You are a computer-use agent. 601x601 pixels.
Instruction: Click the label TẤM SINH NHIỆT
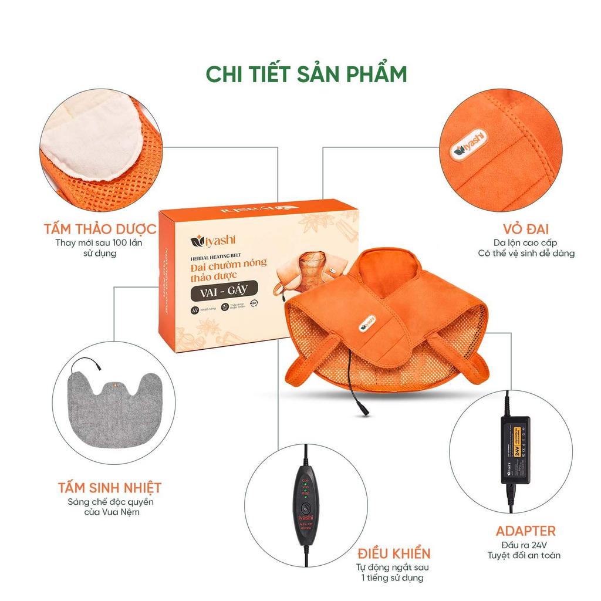110,488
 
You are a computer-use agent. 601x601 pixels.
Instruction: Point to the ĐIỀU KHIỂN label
394,552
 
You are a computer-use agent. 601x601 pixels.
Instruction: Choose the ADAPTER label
525,531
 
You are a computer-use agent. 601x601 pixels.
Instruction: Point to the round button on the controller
304,508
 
